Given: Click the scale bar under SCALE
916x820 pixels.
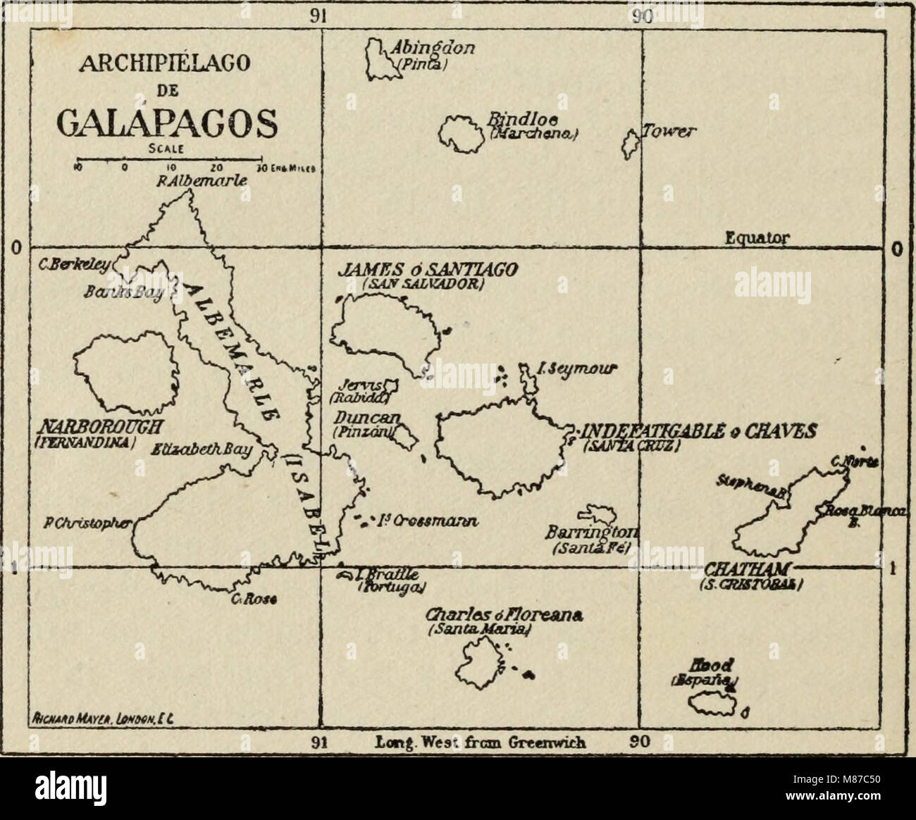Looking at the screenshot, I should click(169, 159).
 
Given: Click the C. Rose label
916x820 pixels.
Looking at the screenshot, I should click(254, 600).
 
